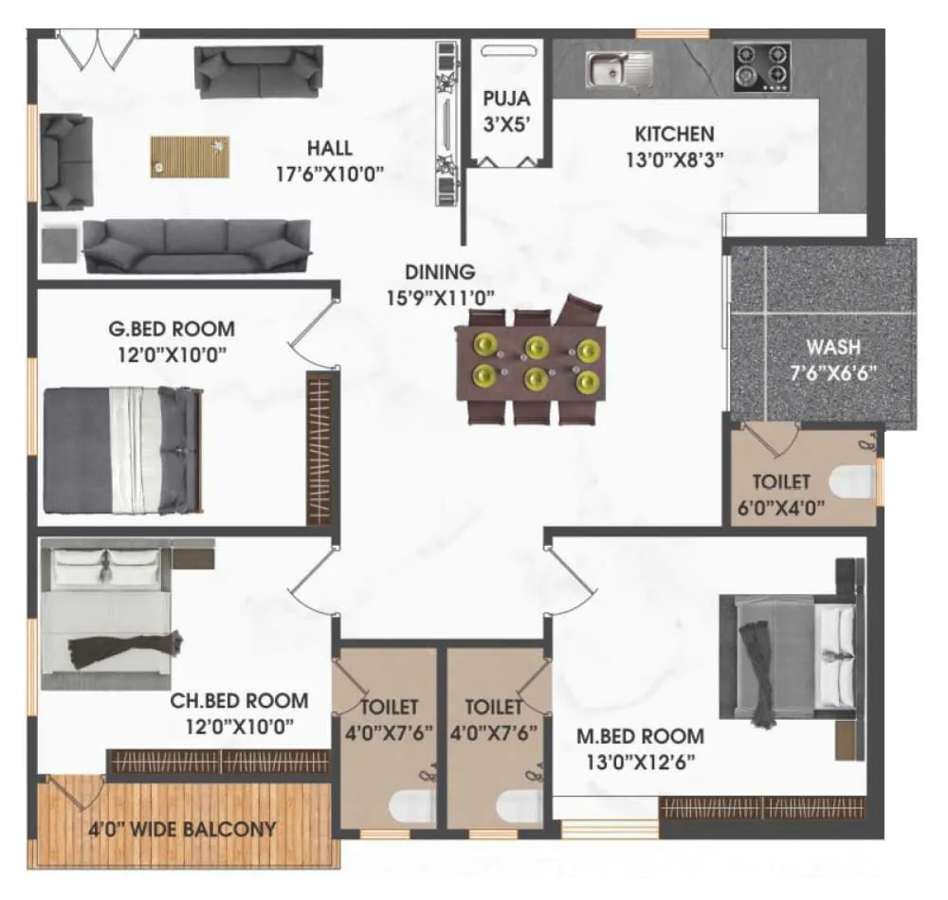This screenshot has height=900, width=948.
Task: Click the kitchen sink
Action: pos(618,68)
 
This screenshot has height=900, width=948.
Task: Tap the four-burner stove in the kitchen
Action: pos(761,66)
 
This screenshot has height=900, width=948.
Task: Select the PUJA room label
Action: pos(506,98)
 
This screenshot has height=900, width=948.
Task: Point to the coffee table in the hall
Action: pos(189,156)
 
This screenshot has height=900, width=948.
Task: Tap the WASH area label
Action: pos(834,346)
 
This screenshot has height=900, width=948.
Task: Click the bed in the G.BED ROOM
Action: pos(123,450)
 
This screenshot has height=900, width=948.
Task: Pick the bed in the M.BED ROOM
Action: pos(792,656)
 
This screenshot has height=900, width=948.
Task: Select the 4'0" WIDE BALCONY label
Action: pos(182,830)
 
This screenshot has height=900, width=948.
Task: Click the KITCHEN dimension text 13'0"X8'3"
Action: pos(674,159)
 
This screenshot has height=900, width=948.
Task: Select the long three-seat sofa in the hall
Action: pos(197,244)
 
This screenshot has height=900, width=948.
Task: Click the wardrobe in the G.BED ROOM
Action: pos(320,448)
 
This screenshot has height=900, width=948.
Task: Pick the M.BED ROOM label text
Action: pos(641,736)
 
